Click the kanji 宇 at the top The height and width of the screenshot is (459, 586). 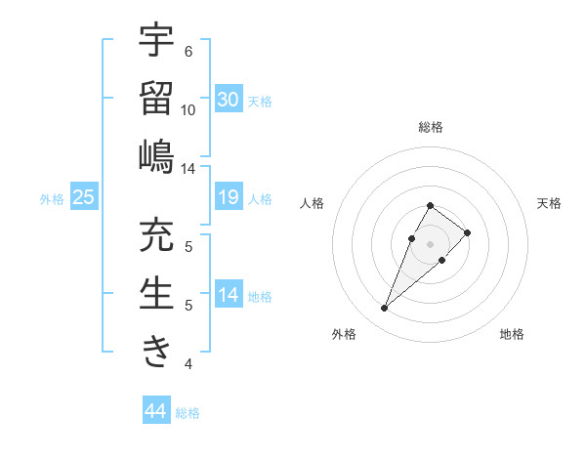click(x=156, y=40)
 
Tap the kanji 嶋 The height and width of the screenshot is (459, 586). click(x=156, y=155)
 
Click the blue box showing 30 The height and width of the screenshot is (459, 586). click(x=229, y=100)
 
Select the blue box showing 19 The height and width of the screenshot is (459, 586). click(x=229, y=197)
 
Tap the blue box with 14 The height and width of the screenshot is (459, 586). click(x=229, y=295)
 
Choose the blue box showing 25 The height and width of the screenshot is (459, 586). click(x=84, y=197)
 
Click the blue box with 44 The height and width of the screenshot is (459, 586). click(x=155, y=411)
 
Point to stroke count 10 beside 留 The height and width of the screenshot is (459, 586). click(x=188, y=110)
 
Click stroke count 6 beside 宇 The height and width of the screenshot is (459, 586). click(x=188, y=52)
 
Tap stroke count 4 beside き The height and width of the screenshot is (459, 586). click(x=188, y=364)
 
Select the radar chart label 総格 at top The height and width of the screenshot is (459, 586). click(x=430, y=127)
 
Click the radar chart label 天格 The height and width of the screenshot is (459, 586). click(x=550, y=203)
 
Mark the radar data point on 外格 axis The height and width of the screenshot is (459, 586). click(x=385, y=309)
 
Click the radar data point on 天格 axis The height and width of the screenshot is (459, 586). click(x=468, y=232)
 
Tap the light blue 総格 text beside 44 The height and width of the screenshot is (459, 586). click(x=188, y=413)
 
